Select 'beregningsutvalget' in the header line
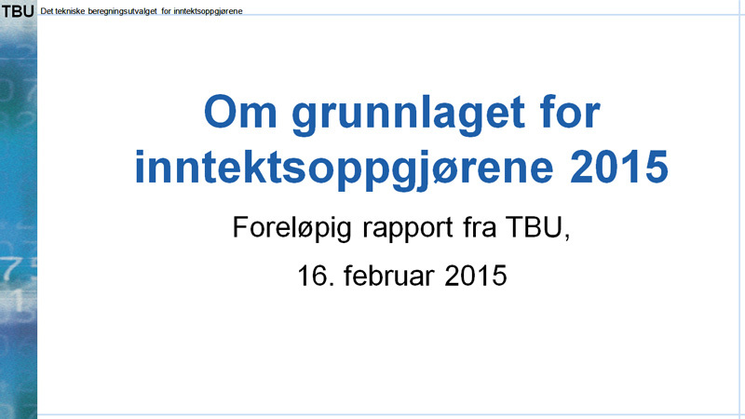126,10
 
